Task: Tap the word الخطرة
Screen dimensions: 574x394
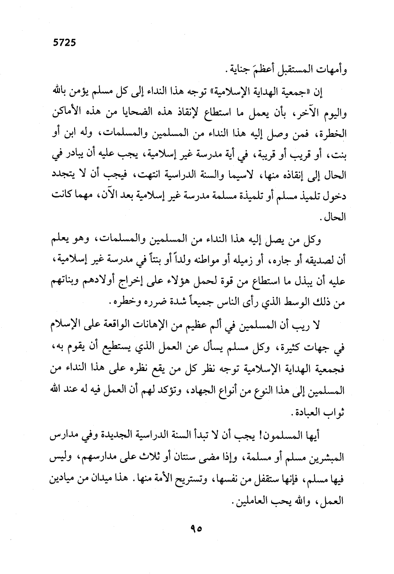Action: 333,134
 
